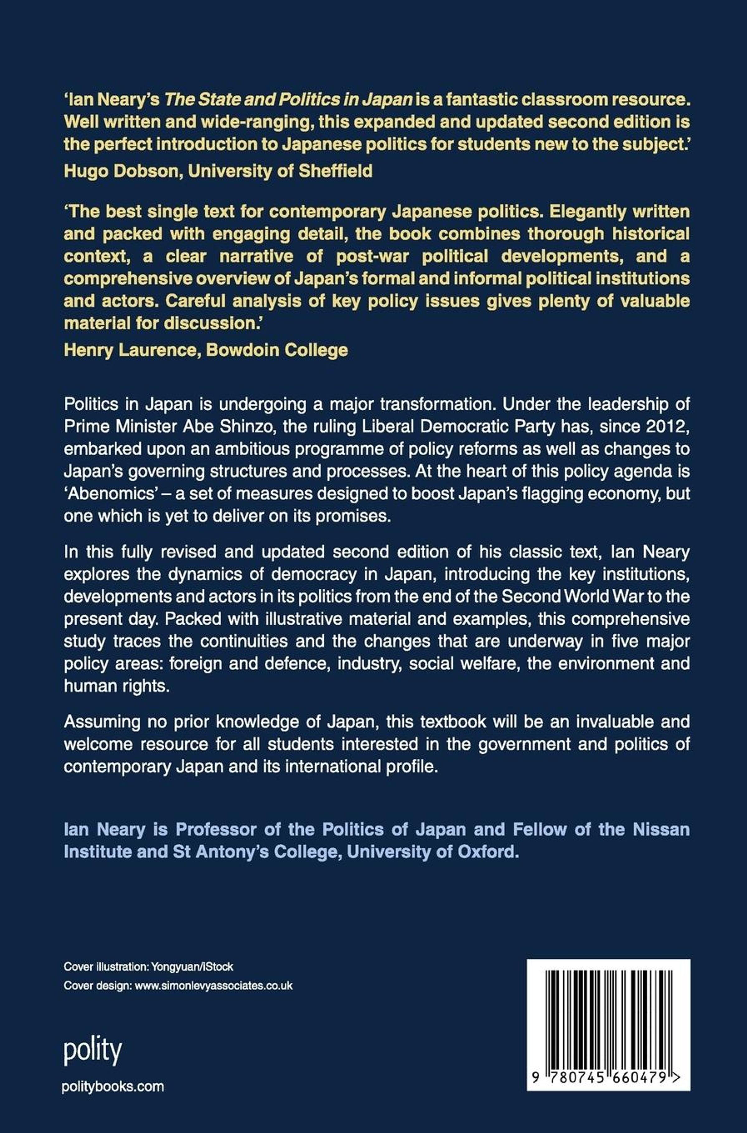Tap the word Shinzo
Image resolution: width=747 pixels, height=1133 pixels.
click(x=244, y=427)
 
